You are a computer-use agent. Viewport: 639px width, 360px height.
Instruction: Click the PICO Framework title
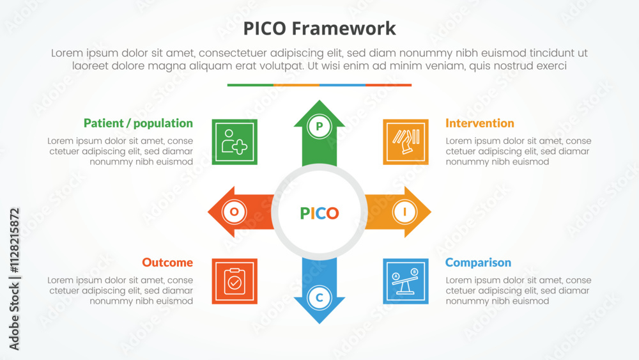[x=319, y=29]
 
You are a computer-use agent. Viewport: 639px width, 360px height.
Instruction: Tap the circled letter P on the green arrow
[x=319, y=127]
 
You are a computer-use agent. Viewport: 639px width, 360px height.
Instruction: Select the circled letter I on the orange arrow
[x=404, y=212]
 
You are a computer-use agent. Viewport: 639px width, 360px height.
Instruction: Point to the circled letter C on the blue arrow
[x=319, y=297]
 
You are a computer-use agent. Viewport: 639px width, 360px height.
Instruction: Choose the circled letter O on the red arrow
[x=235, y=212]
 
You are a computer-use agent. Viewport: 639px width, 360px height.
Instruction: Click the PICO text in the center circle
[x=319, y=213]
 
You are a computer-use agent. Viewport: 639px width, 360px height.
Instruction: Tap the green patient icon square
[x=235, y=142]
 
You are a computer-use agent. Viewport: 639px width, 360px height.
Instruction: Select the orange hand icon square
[x=406, y=142]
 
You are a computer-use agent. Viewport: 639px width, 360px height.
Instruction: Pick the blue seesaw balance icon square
[x=406, y=281]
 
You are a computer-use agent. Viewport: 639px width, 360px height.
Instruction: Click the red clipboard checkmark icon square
[x=235, y=281]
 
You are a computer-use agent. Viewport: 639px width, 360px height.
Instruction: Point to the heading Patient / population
[x=138, y=123]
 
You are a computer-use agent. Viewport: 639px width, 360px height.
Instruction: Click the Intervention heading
[x=480, y=123]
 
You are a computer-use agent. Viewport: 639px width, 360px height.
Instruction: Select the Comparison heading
[x=478, y=263]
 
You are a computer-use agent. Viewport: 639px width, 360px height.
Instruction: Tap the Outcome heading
[x=167, y=263]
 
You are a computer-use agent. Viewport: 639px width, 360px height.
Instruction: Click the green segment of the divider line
[x=250, y=85]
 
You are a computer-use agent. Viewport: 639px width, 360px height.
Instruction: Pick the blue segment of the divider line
[x=343, y=85]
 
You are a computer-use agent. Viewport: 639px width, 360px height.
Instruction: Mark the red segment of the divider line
[x=389, y=85]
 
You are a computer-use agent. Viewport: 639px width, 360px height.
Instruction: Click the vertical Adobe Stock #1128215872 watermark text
[x=14, y=279]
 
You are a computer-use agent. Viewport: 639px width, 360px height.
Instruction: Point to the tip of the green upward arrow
[x=319, y=100]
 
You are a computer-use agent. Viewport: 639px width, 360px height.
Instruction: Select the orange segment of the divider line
[x=296, y=85]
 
